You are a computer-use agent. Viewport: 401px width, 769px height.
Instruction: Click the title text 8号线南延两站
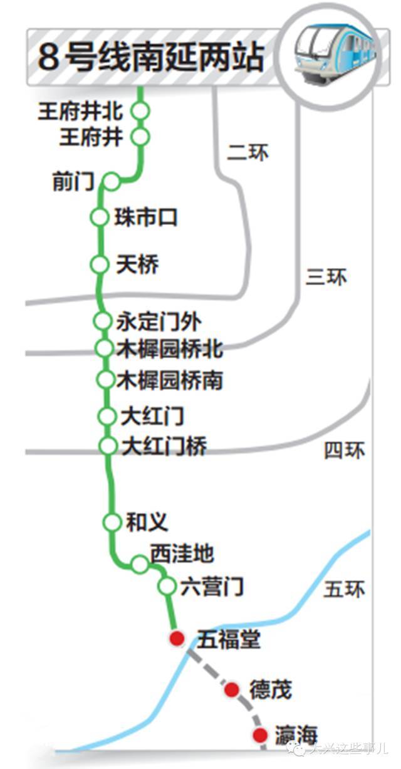coord(151,57)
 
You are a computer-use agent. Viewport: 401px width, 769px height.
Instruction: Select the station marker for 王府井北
coord(140,111)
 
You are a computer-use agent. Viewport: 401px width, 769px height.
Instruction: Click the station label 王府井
coord(91,137)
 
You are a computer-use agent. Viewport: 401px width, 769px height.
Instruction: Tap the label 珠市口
coord(146,217)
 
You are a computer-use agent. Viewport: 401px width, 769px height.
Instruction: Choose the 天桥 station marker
coord(100,264)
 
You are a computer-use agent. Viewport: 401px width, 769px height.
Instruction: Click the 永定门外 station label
coord(159,322)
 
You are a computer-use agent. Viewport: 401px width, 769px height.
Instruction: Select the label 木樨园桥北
coord(170,349)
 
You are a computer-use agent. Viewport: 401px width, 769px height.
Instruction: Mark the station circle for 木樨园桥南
coord(105,379)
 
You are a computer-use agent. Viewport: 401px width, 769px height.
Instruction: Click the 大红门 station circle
coord(107,416)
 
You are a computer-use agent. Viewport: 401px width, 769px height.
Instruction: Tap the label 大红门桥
coord(164,446)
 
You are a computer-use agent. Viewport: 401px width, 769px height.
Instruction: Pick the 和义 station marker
coord(112,522)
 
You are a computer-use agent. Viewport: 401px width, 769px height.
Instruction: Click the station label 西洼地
coord(182,553)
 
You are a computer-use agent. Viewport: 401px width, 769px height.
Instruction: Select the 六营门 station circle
coord(167,585)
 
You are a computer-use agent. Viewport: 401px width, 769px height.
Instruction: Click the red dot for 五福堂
coord(177,639)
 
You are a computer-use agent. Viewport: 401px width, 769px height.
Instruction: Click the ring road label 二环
coord(248,152)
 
